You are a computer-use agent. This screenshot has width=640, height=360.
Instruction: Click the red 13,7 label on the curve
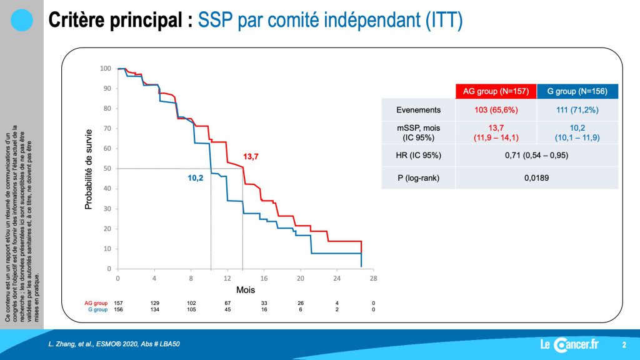(251, 157)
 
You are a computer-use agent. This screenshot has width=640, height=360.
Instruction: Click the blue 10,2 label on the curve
(196, 178)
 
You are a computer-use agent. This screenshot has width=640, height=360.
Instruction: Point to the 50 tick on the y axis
(107, 169)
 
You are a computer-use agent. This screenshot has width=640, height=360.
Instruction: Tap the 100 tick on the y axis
(105, 69)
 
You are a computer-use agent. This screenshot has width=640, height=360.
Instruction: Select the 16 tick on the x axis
(264, 278)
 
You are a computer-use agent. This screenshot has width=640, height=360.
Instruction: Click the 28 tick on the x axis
(374, 278)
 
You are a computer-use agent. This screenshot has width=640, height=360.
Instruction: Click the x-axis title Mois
(246, 290)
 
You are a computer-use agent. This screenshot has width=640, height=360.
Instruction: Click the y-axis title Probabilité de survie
(89, 169)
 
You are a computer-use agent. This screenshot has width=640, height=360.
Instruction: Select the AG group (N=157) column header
(496, 91)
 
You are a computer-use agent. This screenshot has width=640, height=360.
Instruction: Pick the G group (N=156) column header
(577, 91)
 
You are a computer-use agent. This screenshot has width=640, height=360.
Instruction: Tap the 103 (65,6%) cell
(496, 110)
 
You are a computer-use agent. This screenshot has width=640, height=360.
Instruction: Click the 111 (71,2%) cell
(577, 110)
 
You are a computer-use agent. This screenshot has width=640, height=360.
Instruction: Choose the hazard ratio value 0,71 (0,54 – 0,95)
(536, 155)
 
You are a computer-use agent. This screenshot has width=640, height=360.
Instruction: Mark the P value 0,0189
(536, 178)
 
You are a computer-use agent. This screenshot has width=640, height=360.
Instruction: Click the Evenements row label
(418, 110)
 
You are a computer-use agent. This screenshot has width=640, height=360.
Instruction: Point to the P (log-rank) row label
(418, 178)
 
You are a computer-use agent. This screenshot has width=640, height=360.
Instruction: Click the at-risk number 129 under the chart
(155, 303)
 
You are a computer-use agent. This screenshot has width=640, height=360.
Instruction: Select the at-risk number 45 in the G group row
(227, 309)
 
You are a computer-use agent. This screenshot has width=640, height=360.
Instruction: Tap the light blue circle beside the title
(22, 20)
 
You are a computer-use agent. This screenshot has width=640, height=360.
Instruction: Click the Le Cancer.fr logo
(569, 345)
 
